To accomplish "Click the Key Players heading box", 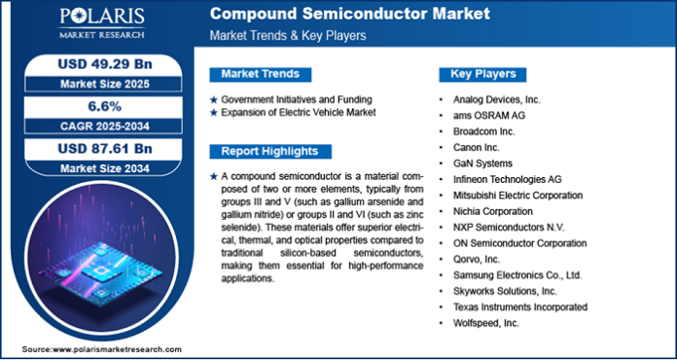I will [x=483, y=74].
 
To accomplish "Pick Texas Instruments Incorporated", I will [x=521, y=306].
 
